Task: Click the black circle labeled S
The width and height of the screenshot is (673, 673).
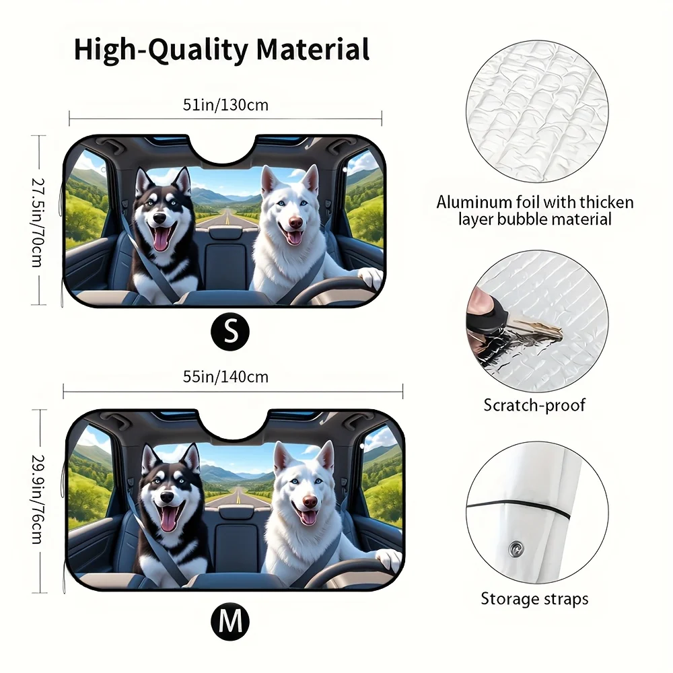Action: pos(230,331)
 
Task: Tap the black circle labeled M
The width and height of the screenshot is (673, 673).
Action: pos(230,621)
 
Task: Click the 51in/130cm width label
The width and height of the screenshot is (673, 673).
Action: pos(225,105)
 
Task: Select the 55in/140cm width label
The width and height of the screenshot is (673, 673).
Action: pos(225,377)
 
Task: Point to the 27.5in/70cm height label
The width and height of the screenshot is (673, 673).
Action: pos(38,222)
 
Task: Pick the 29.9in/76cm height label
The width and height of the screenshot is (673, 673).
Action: pos(38,499)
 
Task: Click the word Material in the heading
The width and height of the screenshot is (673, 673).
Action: pos(313,49)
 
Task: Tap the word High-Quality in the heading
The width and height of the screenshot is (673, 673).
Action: pos(161,50)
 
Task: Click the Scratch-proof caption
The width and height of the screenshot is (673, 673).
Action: pos(534,406)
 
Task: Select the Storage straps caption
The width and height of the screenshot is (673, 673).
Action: pos(534,599)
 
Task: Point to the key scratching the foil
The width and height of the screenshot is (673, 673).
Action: pos(536,327)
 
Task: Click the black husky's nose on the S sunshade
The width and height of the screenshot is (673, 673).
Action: pos(160,218)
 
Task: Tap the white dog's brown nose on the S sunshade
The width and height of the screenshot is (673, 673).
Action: pos(295,223)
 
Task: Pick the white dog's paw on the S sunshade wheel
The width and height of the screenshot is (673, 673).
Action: pos(370,278)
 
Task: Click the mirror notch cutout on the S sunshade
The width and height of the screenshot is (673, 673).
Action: pos(223,150)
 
